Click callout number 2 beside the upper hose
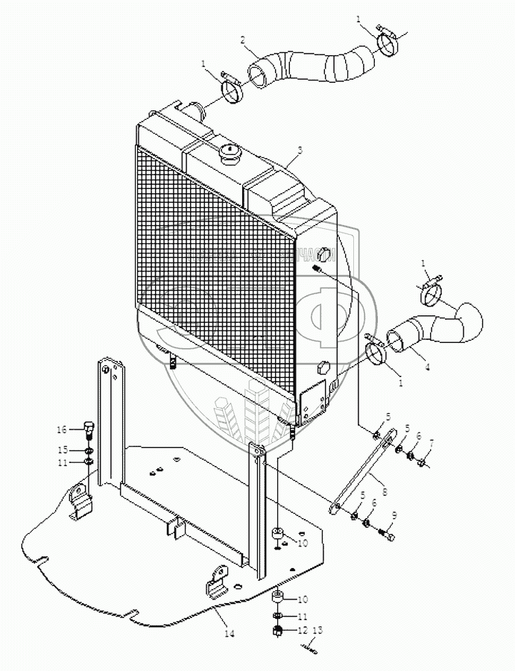(x=244, y=40)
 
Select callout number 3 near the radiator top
(x=299, y=150)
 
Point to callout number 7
(x=430, y=444)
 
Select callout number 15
(x=63, y=450)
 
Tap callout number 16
(x=63, y=429)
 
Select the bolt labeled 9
(x=385, y=534)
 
